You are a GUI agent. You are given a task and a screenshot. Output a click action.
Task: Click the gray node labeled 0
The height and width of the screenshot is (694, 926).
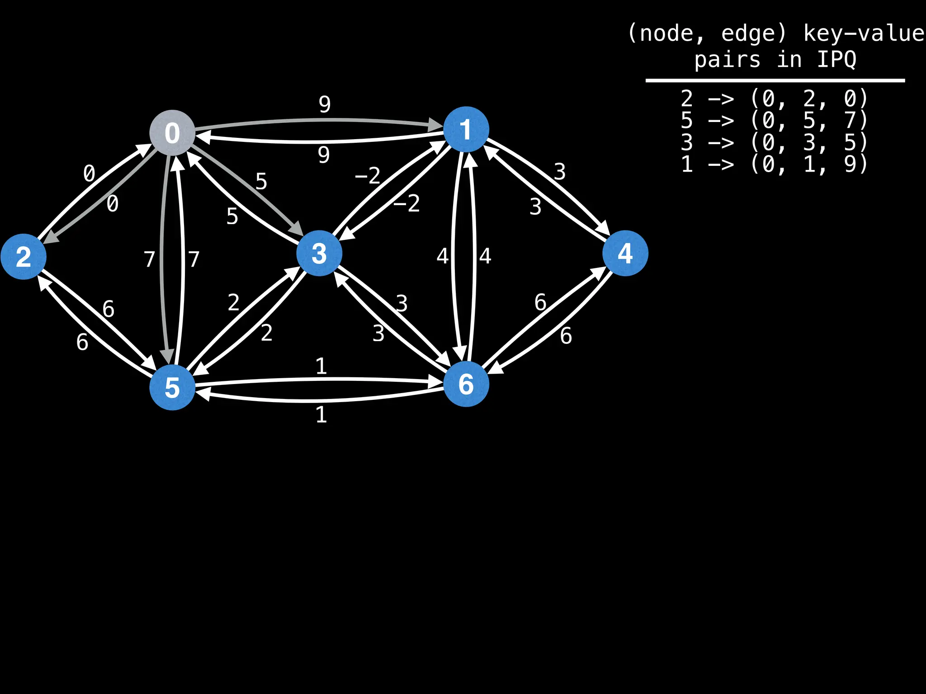172,133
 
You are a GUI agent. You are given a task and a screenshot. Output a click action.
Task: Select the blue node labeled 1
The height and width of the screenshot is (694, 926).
466,130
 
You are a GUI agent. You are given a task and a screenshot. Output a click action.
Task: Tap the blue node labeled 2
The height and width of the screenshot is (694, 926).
24,257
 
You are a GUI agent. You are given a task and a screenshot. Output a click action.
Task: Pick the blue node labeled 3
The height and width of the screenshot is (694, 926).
319,253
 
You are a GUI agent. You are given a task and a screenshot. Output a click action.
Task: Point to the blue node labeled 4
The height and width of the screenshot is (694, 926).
625,253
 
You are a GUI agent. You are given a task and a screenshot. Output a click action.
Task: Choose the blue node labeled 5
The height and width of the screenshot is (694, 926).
172,387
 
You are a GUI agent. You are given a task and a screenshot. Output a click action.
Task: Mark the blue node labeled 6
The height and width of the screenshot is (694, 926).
466,384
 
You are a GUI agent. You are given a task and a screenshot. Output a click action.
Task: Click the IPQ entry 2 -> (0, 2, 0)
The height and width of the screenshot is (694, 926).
774,98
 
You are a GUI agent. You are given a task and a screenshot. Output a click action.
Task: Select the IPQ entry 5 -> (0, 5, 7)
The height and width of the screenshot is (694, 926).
774,120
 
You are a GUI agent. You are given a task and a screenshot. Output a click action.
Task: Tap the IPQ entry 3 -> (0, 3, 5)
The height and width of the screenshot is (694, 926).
774,142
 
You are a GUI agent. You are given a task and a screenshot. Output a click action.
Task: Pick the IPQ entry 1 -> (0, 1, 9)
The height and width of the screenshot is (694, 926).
774,164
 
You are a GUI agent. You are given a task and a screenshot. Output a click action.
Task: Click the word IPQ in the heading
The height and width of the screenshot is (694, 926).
836,60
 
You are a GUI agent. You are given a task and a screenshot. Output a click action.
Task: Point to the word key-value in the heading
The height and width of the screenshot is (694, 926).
864,33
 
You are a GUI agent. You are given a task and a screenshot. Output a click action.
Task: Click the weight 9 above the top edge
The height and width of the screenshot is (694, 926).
325,104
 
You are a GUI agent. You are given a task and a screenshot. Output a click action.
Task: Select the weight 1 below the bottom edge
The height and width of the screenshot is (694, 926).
321,415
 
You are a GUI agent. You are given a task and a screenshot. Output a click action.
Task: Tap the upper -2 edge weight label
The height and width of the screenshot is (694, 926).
368,176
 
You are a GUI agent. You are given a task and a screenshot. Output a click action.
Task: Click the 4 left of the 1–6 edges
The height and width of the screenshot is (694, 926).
442,256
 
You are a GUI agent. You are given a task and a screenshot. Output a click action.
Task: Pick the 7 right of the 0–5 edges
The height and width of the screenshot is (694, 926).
194,259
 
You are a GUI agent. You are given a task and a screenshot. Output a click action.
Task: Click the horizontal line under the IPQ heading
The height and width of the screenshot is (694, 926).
775,81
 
